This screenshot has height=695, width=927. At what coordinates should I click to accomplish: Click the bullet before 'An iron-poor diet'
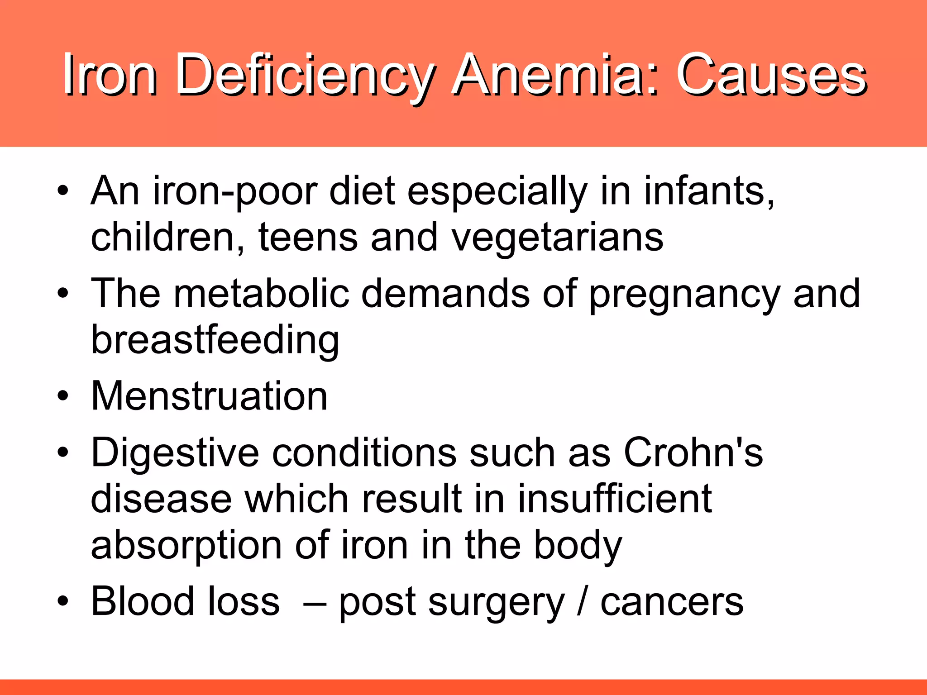click(x=63, y=191)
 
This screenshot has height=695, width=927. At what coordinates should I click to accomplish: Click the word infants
click(x=709, y=191)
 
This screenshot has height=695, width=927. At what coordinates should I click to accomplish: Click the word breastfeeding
click(x=215, y=340)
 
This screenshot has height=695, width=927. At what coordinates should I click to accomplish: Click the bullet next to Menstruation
click(x=63, y=396)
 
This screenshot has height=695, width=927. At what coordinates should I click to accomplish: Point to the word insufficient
click(x=615, y=499)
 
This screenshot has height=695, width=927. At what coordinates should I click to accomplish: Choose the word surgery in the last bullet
click(x=497, y=603)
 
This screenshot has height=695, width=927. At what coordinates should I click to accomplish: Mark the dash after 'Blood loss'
click(x=315, y=603)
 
